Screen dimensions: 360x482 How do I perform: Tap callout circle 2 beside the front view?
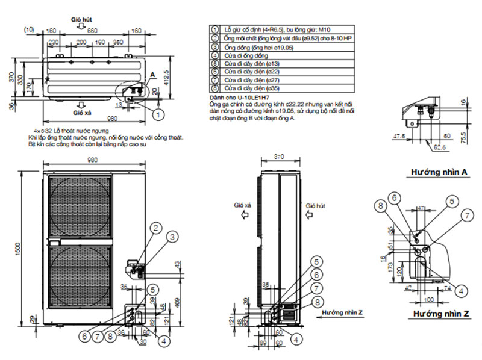(155, 228)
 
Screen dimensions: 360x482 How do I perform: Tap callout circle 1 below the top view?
(157, 113)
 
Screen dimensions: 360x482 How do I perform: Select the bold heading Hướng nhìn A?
(440, 172)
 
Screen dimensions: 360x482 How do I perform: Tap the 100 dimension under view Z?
(428, 299)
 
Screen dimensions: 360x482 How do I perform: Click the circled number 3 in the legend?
(213, 46)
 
